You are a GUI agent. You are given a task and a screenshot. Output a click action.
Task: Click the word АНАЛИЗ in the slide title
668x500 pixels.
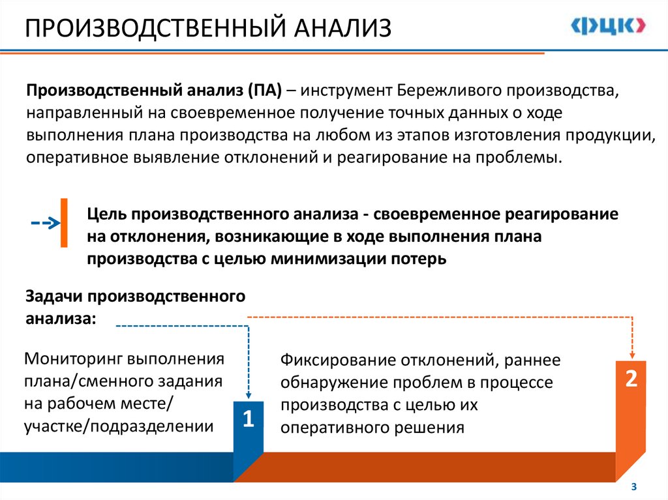[x=343, y=29]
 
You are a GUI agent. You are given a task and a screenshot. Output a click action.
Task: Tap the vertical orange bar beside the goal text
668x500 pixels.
[x=64, y=222]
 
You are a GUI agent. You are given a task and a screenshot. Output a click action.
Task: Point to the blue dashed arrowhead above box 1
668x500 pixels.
[x=249, y=394]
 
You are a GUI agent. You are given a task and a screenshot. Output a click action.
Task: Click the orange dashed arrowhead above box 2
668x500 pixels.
[x=632, y=354]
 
